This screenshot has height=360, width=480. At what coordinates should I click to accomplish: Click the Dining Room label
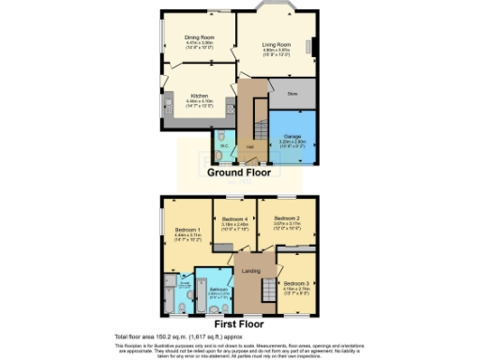point(199,38)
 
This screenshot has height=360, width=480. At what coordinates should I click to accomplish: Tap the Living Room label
point(275,45)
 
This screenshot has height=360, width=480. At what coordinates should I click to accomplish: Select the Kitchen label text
point(200,96)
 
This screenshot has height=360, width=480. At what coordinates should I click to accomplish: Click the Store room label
point(292,94)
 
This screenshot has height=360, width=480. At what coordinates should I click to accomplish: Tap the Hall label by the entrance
point(250,148)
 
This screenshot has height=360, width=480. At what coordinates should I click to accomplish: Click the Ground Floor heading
point(239,172)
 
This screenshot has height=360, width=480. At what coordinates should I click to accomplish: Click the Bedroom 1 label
point(187,231)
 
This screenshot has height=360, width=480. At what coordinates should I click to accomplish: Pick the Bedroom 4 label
point(234,219)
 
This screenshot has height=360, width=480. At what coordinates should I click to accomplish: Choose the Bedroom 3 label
point(296,282)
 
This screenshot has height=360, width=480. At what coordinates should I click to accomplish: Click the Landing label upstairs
point(250,272)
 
